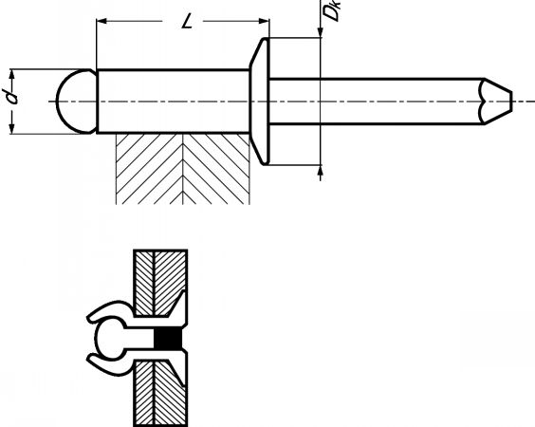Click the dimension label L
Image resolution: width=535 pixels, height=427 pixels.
(x=187, y=23)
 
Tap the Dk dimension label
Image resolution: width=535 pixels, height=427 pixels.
(x=331, y=10)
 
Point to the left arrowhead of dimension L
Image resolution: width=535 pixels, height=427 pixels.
(x=102, y=21)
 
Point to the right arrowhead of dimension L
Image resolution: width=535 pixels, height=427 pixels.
(x=264, y=21)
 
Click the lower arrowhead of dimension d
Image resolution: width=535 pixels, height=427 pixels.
(x=12, y=128)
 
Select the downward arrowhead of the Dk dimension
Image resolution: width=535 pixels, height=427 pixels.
(x=321, y=32)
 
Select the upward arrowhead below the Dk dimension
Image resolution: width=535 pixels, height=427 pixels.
(x=321, y=171)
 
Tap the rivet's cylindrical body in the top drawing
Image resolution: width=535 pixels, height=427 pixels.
(x=174, y=101)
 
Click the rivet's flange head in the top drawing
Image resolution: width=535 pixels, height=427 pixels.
(x=260, y=102)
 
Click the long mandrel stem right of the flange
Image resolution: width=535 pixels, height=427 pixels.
(x=377, y=102)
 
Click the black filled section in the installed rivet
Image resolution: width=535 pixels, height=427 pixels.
(x=168, y=340)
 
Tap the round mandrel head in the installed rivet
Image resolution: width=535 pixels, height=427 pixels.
(x=109, y=339)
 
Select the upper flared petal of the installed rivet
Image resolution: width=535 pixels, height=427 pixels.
(x=110, y=310)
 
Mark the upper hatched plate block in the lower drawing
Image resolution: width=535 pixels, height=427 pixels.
(x=159, y=284)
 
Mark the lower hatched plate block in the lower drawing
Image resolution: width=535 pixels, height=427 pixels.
(x=159, y=393)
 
